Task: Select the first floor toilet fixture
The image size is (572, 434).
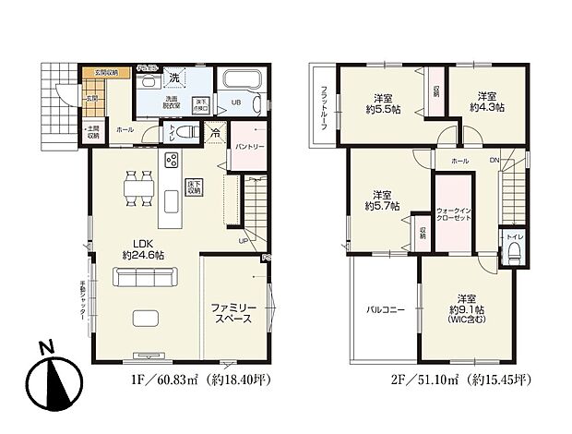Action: (x=185, y=133)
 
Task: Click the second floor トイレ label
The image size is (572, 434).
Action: (x=515, y=237)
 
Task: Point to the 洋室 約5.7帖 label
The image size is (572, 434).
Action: (x=385, y=200)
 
